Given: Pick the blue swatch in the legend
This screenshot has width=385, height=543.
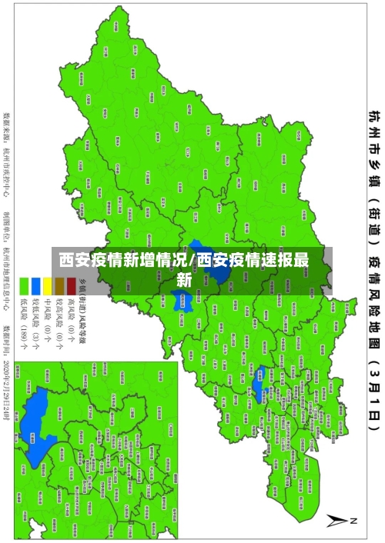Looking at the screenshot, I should point(36,287).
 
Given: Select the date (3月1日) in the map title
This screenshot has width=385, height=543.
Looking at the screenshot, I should point(373,415).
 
